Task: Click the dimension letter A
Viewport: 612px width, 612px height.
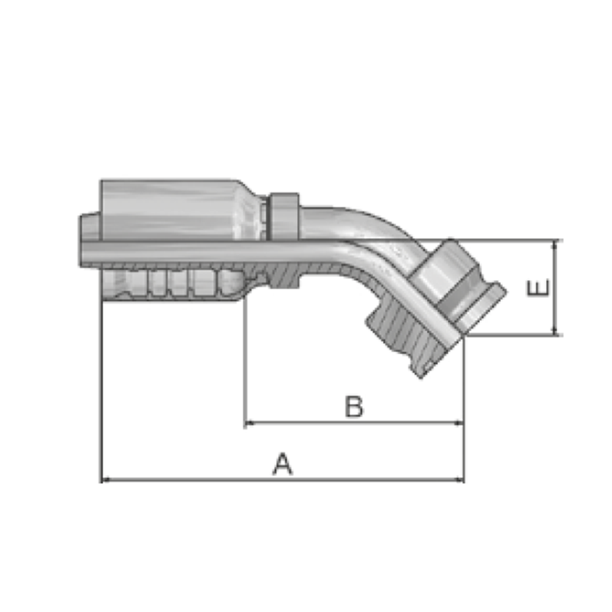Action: click(x=282, y=464)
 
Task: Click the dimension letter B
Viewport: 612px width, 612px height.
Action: click(x=354, y=406)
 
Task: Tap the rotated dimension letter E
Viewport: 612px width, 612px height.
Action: click(x=538, y=288)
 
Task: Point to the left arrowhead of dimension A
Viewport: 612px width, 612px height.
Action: click(x=105, y=479)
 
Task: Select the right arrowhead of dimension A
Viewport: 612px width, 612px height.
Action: click(x=460, y=479)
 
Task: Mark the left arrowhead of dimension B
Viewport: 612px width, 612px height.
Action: click(x=248, y=423)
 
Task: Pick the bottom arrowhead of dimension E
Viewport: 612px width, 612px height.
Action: click(x=554, y=330)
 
